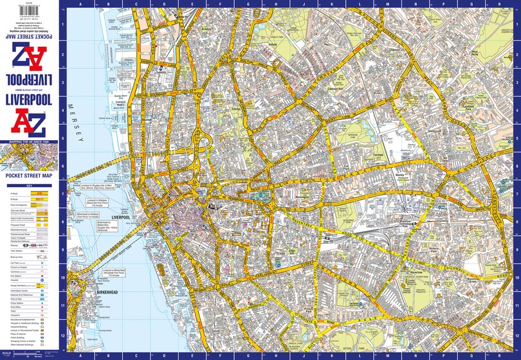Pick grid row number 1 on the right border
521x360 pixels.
tap(516, 26)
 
